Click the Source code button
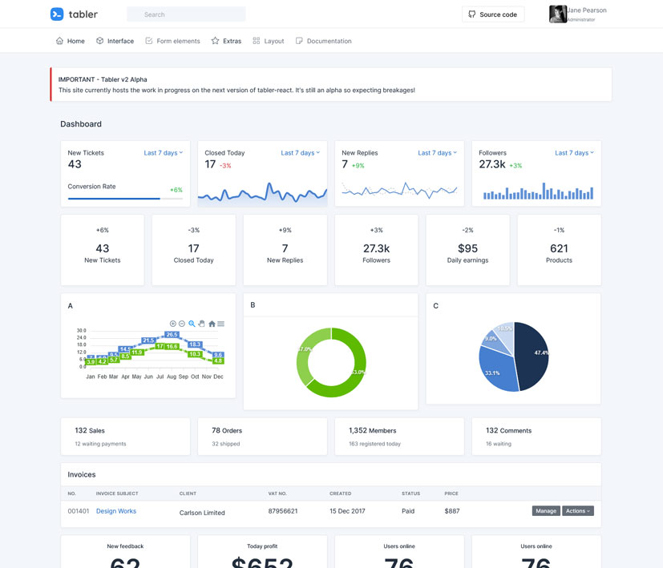(493, 14)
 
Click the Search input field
(186, 14)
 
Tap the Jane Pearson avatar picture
(558, 14)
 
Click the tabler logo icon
(57, 14)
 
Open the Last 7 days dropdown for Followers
(575, 153)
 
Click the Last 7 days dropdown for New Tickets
(164, 153)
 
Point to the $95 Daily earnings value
(467, 248)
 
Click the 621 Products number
(559, 248)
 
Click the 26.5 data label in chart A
(172, 334)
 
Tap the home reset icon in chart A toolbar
(212, 324)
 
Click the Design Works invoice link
(116, 511)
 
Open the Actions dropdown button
(577, 511)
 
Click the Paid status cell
(408, 511)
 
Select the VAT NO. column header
(277, 493)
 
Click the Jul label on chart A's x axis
(160, 377)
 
